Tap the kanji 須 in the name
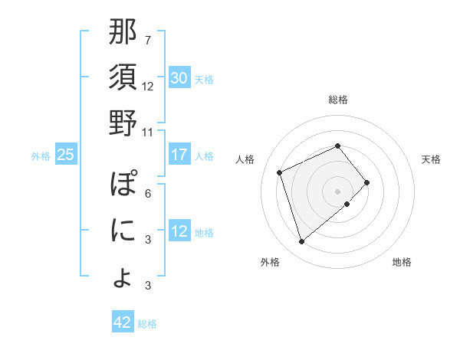pos(123,78)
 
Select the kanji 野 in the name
pos(123,123)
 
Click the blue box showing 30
pos(179,78)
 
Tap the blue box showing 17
pos(179,155)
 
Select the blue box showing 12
pos(179,231)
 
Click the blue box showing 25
pos(66,155)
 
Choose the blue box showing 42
pos(123,322)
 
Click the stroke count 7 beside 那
pos(147,40)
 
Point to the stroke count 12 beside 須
pos(148,86)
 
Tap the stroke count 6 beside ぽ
pos(147,193)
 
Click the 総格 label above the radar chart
pos(338,100)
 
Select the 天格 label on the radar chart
pos(432,159)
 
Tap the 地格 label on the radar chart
pos(402,262)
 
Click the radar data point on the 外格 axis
pos(301,242)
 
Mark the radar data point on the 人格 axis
pos(281,172)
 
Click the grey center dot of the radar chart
pos(338,190)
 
